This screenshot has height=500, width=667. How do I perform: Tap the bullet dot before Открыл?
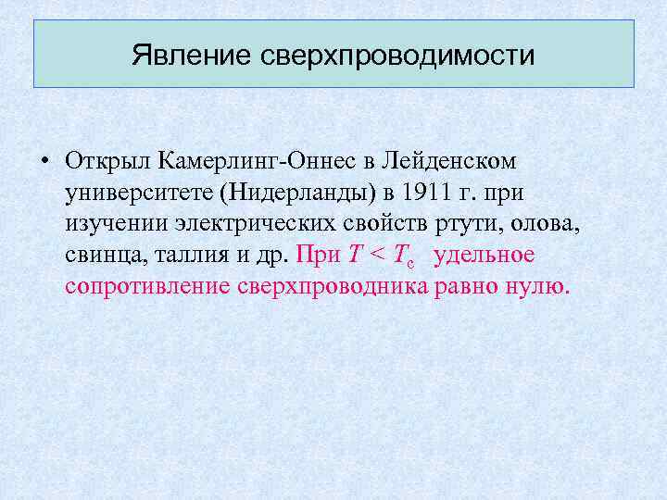point(44,162)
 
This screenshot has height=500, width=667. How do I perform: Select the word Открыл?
point(107,161)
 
